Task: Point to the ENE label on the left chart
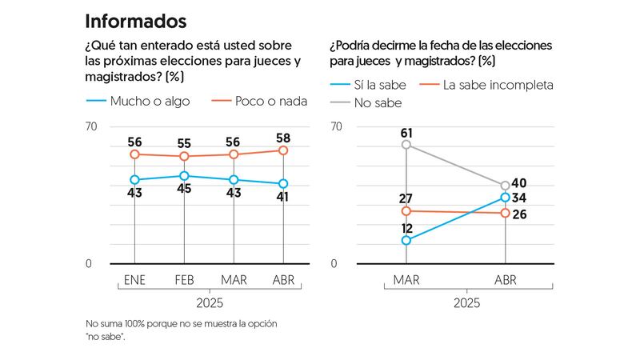pos(135,279)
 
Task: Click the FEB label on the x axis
pos(185,279)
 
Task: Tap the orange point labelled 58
pos(284,150)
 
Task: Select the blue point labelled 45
pos(185,176)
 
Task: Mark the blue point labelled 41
pos(284,184)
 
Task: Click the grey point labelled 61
pos(406,145)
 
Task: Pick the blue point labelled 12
pos(406,240)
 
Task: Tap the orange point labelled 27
pos(406,211)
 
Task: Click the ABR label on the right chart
pos(505,279)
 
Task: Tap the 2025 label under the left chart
pos(209,303)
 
